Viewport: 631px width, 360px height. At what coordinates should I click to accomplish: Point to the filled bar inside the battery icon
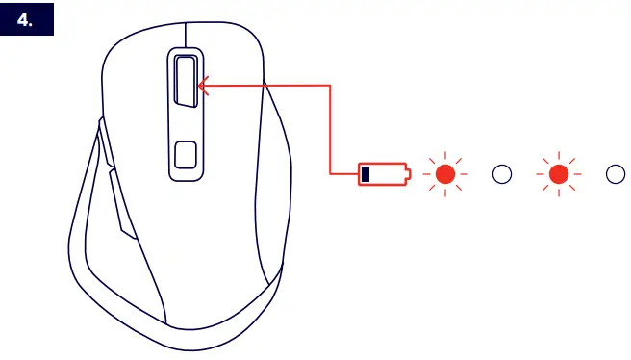point(366,174)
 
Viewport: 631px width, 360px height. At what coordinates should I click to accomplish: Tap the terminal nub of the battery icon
point(408,174)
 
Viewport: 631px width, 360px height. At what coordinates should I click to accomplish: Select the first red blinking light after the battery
point(444,174)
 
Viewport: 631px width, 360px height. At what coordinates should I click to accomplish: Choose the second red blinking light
point(559,174)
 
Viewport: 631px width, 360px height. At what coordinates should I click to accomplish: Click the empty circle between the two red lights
point(501,174)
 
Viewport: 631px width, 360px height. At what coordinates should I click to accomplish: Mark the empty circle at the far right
point(616,174)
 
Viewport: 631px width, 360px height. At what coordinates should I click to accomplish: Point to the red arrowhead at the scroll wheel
point(203,86)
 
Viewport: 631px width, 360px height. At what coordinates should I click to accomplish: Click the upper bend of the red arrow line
point(331,86)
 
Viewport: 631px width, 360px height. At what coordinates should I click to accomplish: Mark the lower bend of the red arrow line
point(331,174)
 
